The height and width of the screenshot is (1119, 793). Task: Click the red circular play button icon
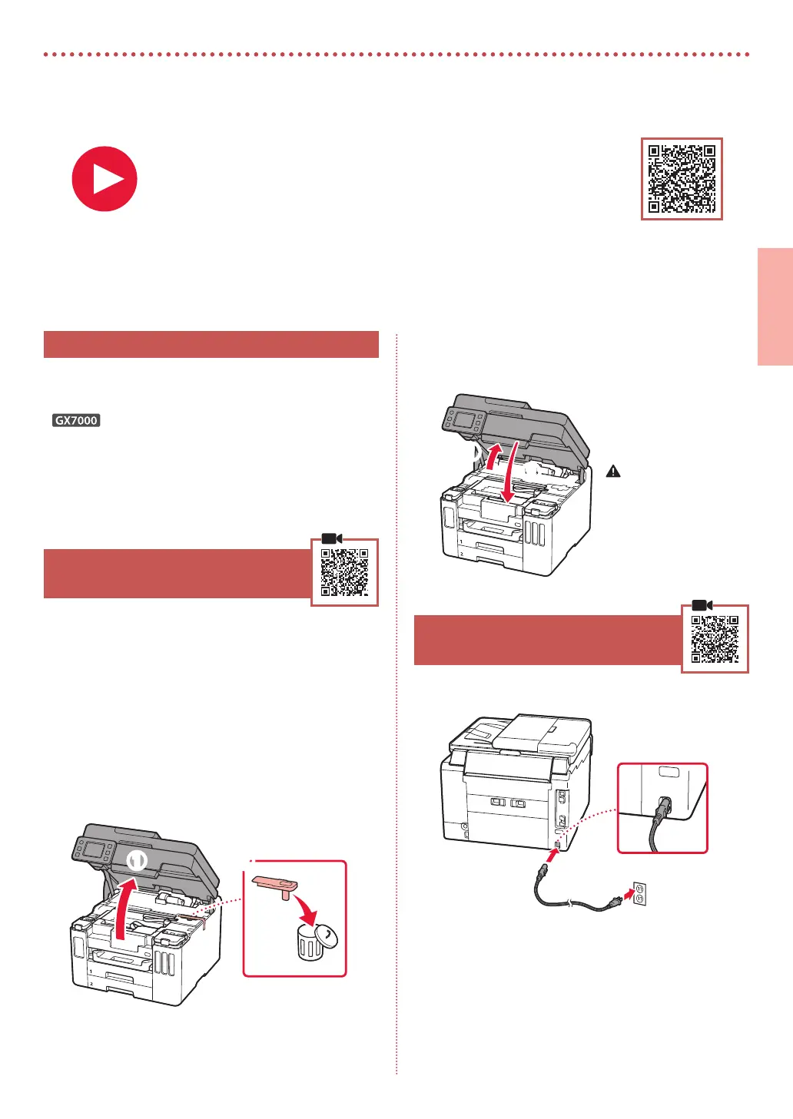(x=105, y=179)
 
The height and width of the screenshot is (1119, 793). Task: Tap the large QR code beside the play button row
(x=682, y=179)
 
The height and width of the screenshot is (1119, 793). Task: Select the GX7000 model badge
(x=76, y=420)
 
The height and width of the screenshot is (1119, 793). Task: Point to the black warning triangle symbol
(x=613, y=471)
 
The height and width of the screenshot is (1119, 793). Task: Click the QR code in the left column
(x=344, y=572)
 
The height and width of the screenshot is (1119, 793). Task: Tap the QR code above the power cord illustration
(x=715, y=639)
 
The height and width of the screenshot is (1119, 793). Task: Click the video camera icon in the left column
(x=332, y=538)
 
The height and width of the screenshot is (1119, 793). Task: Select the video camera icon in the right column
(x=702, y=605)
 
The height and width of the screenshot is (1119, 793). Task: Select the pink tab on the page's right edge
(x=775, y=306)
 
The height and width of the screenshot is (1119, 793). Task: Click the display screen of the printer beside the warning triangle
(x=465, y=419)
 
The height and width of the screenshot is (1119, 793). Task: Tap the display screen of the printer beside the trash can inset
(x=94, y=849)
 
